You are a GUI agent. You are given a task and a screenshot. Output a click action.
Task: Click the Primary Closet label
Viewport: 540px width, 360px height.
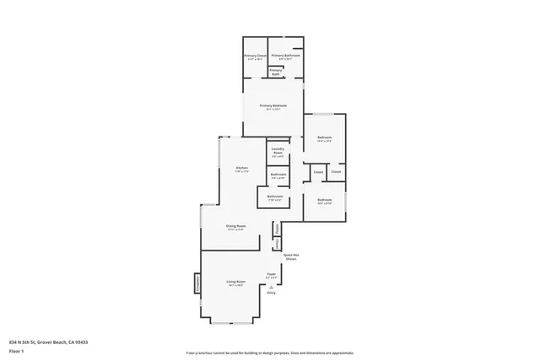(256, 56)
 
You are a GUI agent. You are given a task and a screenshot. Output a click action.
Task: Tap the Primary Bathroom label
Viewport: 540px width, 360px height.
(285, 56)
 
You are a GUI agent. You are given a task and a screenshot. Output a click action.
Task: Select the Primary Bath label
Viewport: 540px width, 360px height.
(276, 73)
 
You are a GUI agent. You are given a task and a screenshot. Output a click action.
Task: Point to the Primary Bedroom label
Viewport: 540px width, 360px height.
(273, 105)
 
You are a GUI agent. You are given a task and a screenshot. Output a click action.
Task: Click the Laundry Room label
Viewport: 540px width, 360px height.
(278, 153)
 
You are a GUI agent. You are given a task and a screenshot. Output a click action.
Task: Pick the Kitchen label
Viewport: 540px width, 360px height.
(241, 169)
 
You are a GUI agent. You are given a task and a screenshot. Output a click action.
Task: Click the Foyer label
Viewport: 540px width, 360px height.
(272, 274)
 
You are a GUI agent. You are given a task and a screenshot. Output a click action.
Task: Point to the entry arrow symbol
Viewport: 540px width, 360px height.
(272, 286)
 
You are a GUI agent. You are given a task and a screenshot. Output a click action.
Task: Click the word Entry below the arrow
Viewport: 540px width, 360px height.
(272, 293)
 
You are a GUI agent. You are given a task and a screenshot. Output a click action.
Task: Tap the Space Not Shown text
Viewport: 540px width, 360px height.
(291, 256)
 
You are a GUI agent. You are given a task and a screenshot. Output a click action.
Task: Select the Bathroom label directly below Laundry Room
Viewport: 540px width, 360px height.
(278, 175)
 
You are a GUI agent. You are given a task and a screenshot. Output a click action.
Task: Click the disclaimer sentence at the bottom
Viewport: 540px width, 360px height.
(270, 351)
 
